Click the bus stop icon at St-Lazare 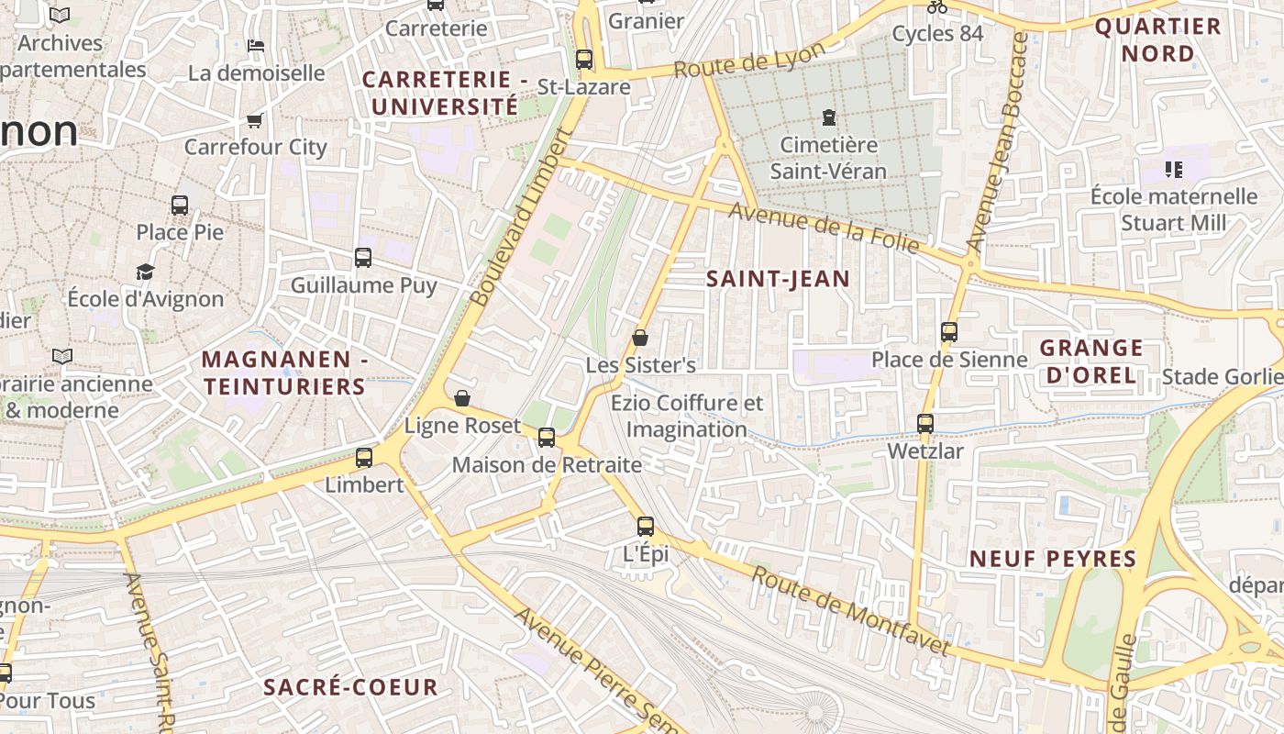click(x=584, y=61)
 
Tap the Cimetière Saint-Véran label click(x=828, y=158)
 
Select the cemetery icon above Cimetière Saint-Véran click(x=829, y=117)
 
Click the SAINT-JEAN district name click(x=778, y=279)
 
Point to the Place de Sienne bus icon click(x=949, y=332)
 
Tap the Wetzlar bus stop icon click(x=925, y=424)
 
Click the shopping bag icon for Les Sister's click(x=640, y=338)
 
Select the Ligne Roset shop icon click(x=462, y=398)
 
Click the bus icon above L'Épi click(x=646, y=527)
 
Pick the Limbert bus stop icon click(x=364, y=458)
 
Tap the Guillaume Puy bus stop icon click(x=363, y=258)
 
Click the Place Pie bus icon click(x=180, y=206)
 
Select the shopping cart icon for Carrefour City click(x=255, y=120)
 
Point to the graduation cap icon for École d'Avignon click(x=145, y=272)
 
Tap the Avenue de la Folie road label click(x=824, y=227)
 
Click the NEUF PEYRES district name click(x=1053, y=559)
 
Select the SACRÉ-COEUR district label click(x=350, y=687)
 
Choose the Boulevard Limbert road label click(x=520, y=218)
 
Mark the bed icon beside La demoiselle click(x=256, y=45)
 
